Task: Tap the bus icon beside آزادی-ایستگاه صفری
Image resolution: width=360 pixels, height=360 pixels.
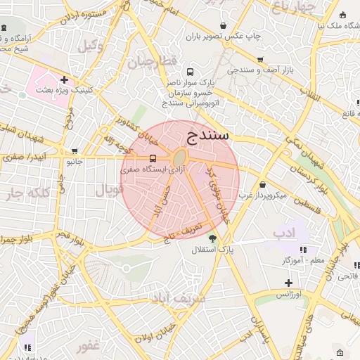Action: [x=153, y=158]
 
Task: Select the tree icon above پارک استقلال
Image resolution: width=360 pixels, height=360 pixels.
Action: [x=212, y=238]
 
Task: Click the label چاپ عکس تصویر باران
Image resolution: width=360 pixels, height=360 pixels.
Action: [x=228, y=36]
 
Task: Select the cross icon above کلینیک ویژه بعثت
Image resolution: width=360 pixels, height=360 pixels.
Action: [x=64, y=79]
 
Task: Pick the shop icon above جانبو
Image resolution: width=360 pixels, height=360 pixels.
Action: [x=75, y=151]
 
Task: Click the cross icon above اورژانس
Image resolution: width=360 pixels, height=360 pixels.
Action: [x=289, y=283]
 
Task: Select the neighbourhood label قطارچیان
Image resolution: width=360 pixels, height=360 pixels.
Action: [x=150, y=63]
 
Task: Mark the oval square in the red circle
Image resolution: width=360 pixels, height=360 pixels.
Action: [x=180, y=157]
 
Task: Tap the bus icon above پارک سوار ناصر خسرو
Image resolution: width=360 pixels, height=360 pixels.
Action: [x=191, y=72]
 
